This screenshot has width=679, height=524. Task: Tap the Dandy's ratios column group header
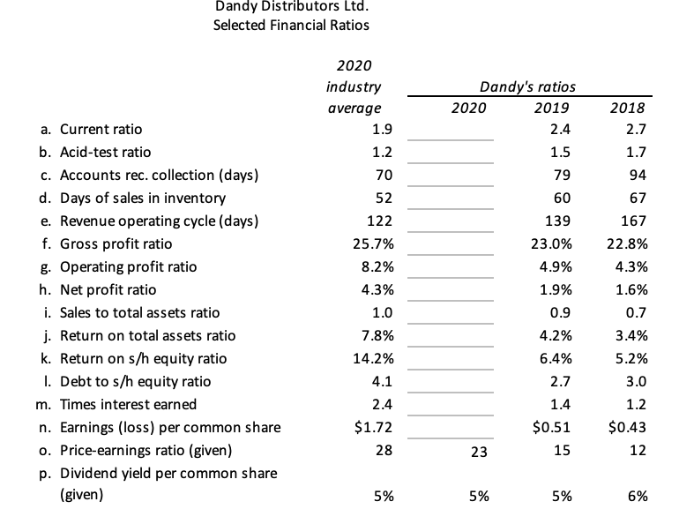pos(527,86)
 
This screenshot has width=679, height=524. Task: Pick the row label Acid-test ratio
pos(102,152)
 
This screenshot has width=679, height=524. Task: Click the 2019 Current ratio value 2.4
pos(560,130)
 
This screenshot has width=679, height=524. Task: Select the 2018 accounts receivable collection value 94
pos(638,175)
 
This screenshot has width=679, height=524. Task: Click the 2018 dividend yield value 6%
pos(638,496)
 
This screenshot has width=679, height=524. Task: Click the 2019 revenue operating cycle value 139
pos(557,221)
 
